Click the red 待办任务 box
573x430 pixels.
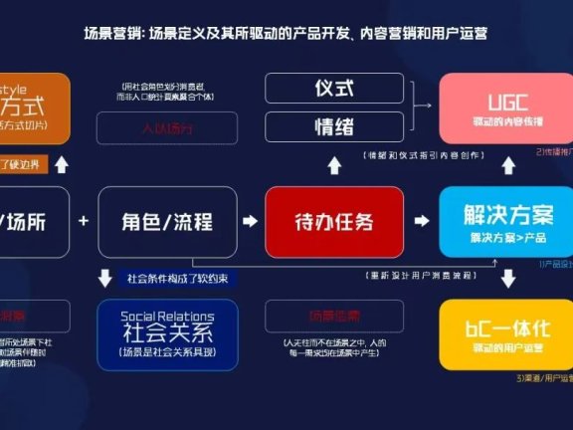point(335,221)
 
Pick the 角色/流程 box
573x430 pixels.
point(167,221)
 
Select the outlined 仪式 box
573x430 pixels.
point(335,88)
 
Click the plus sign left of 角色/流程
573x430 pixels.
point(84,220)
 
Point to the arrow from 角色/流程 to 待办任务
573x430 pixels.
point(251,221)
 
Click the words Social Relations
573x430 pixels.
point(167,317)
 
